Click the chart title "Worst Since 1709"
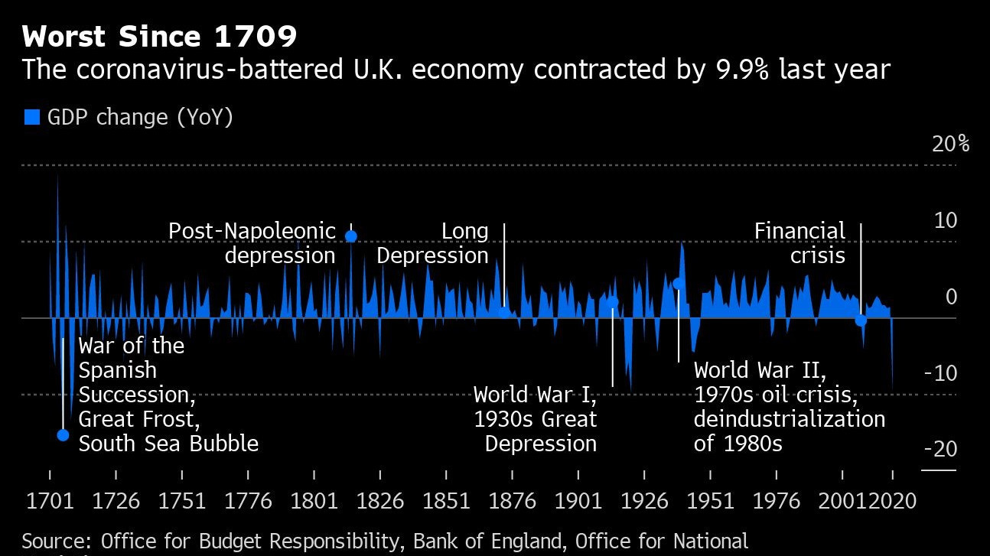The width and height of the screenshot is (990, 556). [159, 36]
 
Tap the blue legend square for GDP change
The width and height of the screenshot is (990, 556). [32, 117]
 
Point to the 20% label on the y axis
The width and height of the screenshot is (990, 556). [950, 144]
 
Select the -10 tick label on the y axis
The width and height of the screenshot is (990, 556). [940, 374]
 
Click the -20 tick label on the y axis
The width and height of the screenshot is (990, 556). [940, 449]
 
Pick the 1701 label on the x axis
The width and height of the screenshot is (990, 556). [50, 502]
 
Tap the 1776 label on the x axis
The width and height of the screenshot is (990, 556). [249, 502]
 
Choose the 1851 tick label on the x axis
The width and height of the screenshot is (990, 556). [446, 502]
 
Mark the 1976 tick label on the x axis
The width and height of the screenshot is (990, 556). [777, 502]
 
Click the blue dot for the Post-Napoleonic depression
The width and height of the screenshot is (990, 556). [351, 236]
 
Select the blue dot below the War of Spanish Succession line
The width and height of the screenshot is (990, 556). [63, 435]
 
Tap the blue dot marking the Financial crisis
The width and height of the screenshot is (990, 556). [861, 320]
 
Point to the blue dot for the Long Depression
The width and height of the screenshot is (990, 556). [504, 311]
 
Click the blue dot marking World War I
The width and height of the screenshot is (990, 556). [613, 302]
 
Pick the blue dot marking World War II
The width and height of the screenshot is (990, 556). [678, 284]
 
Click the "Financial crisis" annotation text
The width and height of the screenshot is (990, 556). [799, 242]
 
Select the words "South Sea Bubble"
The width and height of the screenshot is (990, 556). [168, 444]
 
